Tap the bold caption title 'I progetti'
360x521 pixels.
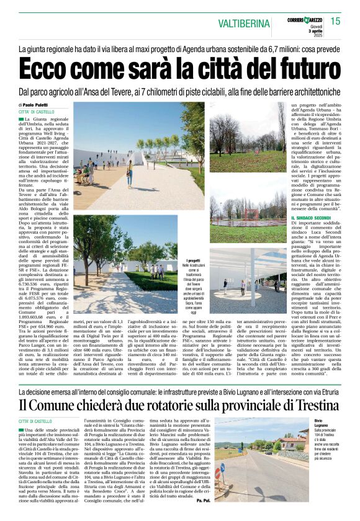click(195, 261)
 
